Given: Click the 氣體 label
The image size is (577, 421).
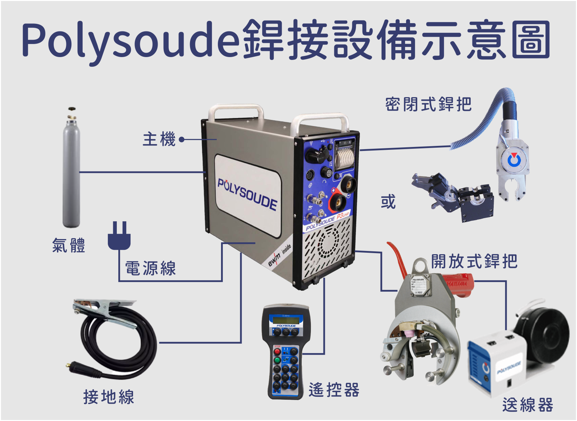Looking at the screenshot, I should [x=69, y=246].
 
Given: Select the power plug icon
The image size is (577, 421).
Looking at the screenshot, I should [x=119, y=236].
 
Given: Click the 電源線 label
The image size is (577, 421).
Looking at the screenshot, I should [x=150, y=269].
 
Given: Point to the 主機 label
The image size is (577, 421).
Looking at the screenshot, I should [x=159, y=139].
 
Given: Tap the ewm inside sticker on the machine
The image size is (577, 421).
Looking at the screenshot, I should [x=279, y=255].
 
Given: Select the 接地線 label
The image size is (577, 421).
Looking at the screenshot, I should [x=109, y=397].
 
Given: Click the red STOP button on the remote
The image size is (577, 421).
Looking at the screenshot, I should [x=277, y=351].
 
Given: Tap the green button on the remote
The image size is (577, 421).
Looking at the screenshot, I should [x=277, y=360].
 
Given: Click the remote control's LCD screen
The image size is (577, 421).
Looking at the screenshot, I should [x=286, y=320].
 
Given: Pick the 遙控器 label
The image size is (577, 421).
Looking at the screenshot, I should [x=334, y=390].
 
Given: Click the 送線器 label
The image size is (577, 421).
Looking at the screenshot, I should [x=528, y=405].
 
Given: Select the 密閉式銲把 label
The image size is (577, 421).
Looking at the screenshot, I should [x=428, y=105].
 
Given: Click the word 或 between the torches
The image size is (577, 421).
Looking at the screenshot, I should [x=388, y=202].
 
